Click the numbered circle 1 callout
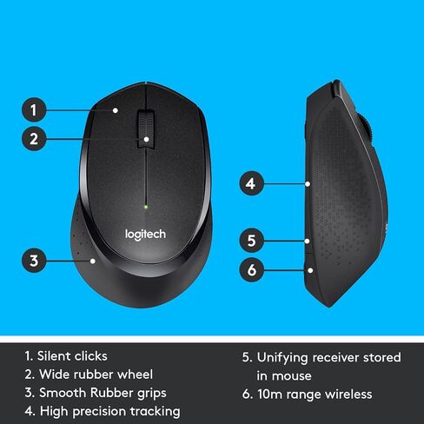coord(34,109)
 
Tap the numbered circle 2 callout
coord(34,138)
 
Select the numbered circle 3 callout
coord(34,261)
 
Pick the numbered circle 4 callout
coord(251,183)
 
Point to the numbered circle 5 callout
coord(251,241)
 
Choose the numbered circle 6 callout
coord(251,270)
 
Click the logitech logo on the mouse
coord(145,235)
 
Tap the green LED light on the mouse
coord(146,207)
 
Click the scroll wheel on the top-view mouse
coord(146,129)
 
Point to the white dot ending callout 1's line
coord(116,110)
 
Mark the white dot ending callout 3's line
coord(93,261)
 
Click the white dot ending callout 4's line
coord(308,184)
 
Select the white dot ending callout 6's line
coord(310,270)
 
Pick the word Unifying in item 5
coord(282,358)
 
